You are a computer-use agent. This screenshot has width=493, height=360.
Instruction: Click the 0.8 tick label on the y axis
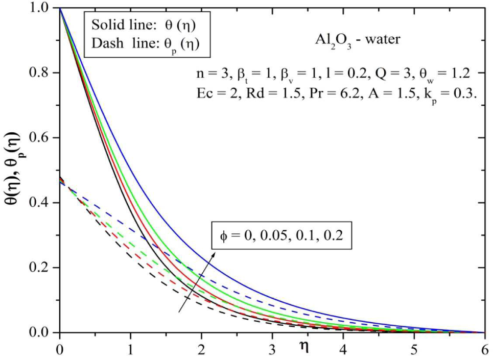43,74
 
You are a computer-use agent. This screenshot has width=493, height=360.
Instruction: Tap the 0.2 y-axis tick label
43,268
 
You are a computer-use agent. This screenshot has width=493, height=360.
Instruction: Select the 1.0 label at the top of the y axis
43,9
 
